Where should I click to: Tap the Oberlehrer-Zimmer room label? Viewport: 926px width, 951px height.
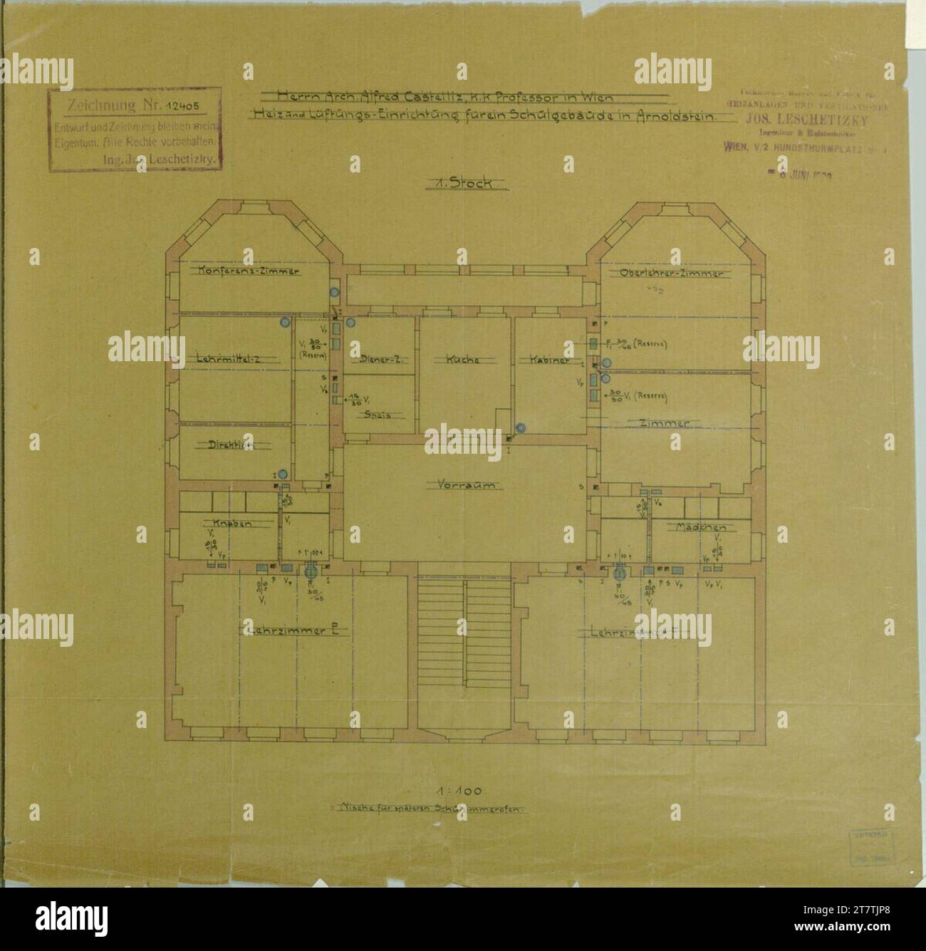pyautogui.click(x=671, y=274)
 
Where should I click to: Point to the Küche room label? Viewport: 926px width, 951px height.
pyautogui.click(x=462, y=360)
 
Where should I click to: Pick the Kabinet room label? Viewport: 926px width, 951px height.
pyautogui.click(x=548, y=360)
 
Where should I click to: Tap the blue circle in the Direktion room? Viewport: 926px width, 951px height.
pyautogui.click(x=283, y=474)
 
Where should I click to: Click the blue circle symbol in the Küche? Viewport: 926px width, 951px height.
pyautogui.click(x=520, y=428)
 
